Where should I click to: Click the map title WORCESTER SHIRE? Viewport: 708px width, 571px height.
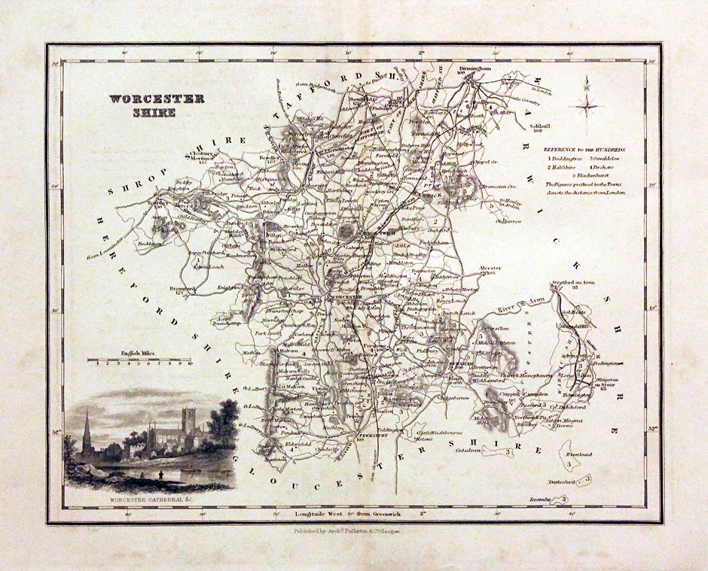tap(156, 105)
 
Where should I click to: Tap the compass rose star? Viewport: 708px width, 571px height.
tap(587, 106)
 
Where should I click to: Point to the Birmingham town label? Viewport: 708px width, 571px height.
tap(475, 69)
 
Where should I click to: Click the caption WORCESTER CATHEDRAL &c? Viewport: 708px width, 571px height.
tap(148, 497)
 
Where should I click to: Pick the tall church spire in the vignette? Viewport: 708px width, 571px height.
tap(87, 429)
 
